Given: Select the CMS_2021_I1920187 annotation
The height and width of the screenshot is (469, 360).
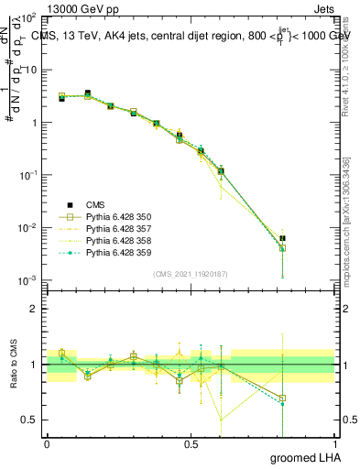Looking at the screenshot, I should point(191,273).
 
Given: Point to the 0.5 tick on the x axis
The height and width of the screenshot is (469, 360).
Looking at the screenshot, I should point(191,443).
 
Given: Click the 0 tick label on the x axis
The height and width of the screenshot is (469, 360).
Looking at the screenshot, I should point(47,443).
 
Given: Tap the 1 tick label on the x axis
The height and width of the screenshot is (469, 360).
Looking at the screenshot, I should point(334,443).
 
